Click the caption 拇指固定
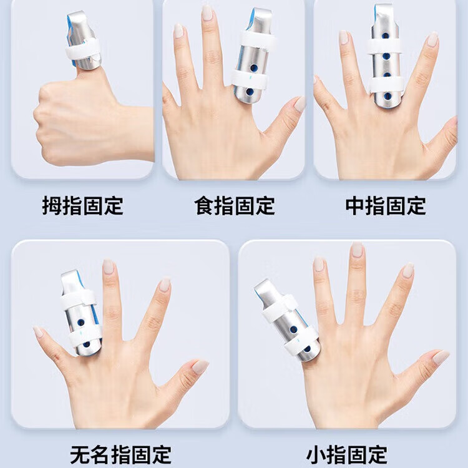pos(82,206)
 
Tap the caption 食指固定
pos(235,206)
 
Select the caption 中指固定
pos(386,206)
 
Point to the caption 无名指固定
pos(120,455)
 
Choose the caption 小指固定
pos(347,455)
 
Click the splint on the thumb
pos(83,41)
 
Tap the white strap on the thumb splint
pos(83,49)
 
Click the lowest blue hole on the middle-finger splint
pos(388,96)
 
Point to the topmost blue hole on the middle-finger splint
pos(386,36)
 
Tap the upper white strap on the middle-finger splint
pos(384,47)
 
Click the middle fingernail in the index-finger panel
pos(207,12)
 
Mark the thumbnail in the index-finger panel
pos(300,104)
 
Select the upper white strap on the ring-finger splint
pos(78,298)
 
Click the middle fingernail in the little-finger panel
pos(357,250)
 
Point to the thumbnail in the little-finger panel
pos(441,358)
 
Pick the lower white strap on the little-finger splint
pos(301,341)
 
